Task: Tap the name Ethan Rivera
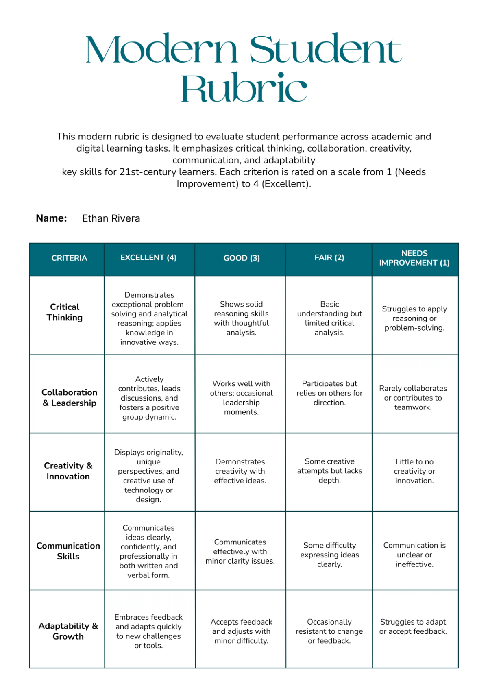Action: coord(111,218)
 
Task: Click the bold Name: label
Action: coord(51,218)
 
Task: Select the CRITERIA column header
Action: coord(69,258)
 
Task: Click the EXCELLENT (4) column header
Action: coord(148,258)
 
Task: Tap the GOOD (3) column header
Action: coord(242,258)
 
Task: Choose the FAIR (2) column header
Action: coord(329,258)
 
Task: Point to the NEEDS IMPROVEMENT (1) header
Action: coord(414,258)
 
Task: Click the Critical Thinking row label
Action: coord(65,312)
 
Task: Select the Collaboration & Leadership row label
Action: coord(70,398)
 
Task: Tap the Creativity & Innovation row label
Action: coord(68,471)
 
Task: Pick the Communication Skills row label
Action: coord(68,551)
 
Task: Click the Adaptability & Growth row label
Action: coord(68,631)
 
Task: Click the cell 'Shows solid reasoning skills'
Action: coord(241,318)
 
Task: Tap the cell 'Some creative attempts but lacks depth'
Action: coord(329,471)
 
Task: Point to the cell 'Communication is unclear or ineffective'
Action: coord(414,555)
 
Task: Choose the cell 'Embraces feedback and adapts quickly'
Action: coord(148,631)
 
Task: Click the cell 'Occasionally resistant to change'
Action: coord(329,631)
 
